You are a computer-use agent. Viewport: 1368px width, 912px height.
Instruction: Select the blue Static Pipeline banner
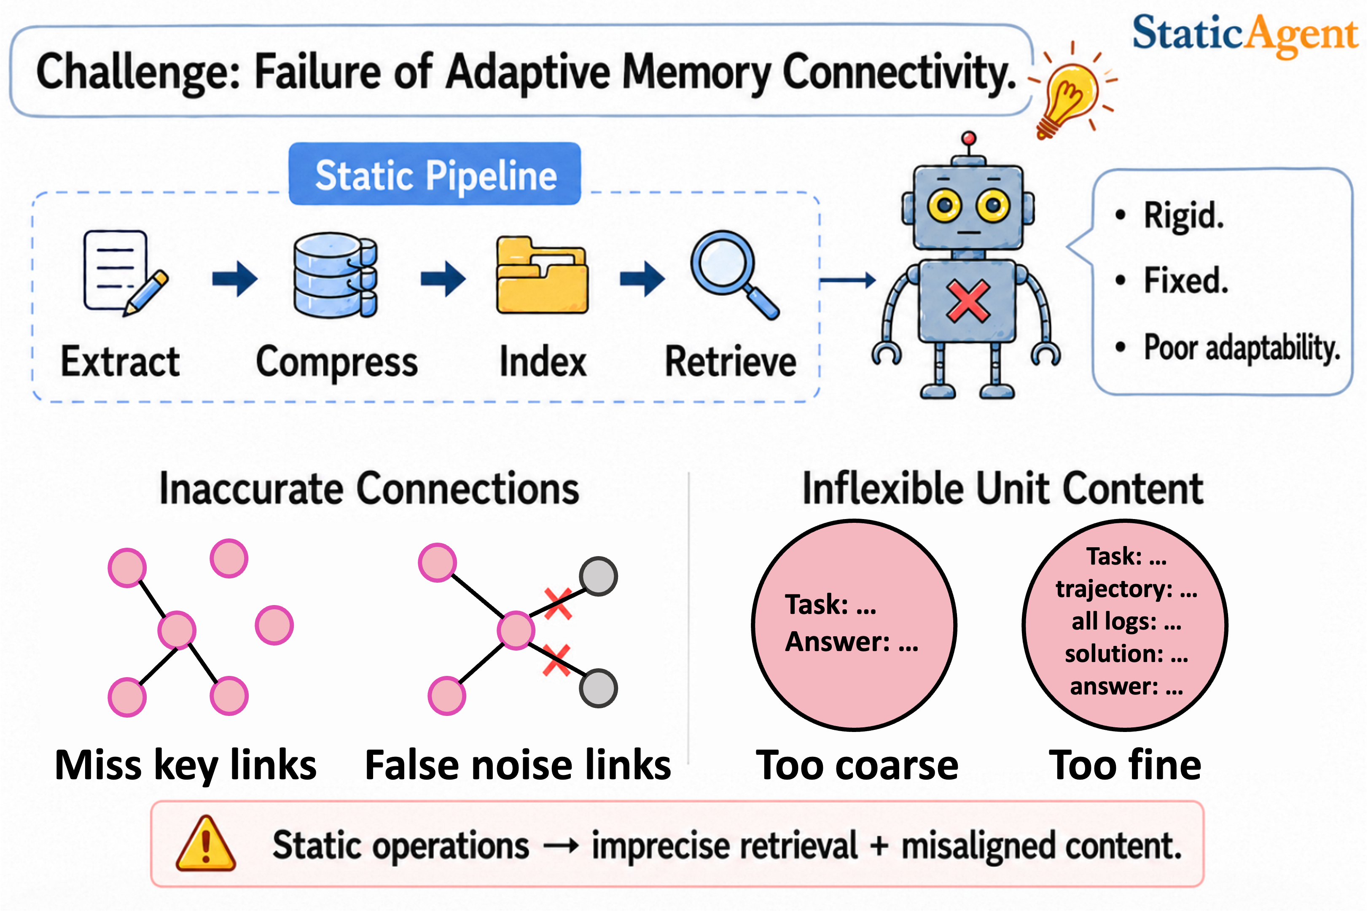[435, 174]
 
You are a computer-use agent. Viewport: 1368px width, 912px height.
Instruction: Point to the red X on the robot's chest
[968, 301]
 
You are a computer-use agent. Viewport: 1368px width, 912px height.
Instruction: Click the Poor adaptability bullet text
[1241, 348]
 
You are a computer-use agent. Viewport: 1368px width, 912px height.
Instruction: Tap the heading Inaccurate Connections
[369, 489]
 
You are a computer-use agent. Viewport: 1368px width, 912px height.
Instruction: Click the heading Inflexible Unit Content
[1003, 489]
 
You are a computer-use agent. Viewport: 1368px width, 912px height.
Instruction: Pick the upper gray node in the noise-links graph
[598, 576]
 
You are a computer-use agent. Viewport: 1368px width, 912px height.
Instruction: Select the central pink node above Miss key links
[177, 630]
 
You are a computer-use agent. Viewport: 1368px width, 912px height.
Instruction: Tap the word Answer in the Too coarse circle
[837, 642]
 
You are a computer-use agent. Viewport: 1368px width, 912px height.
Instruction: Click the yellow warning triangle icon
[206, 843]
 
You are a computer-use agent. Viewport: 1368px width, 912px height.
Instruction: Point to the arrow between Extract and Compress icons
[235, 279]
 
